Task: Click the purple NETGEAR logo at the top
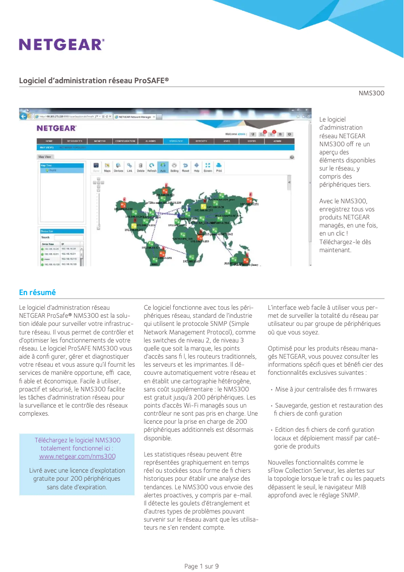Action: tap(61, 44)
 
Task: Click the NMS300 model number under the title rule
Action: tap(371, 93)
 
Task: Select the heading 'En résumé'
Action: tap(37, 293)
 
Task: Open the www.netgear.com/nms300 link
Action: tap(77, 456)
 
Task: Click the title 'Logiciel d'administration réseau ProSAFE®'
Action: tap(94, 81)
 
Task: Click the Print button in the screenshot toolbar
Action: tap(219, 167)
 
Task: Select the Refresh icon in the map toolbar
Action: tap(152, 167)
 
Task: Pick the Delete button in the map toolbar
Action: tap(141, 167)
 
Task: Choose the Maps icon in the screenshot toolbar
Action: tap(107, 167)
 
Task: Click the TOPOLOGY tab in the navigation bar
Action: tap(176, 141)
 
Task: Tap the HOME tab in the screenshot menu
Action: tap(49, 141)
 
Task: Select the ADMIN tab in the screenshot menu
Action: tap(278, 141)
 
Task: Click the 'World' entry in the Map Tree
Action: tap(52, 170)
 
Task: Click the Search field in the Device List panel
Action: tap(69, 237)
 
